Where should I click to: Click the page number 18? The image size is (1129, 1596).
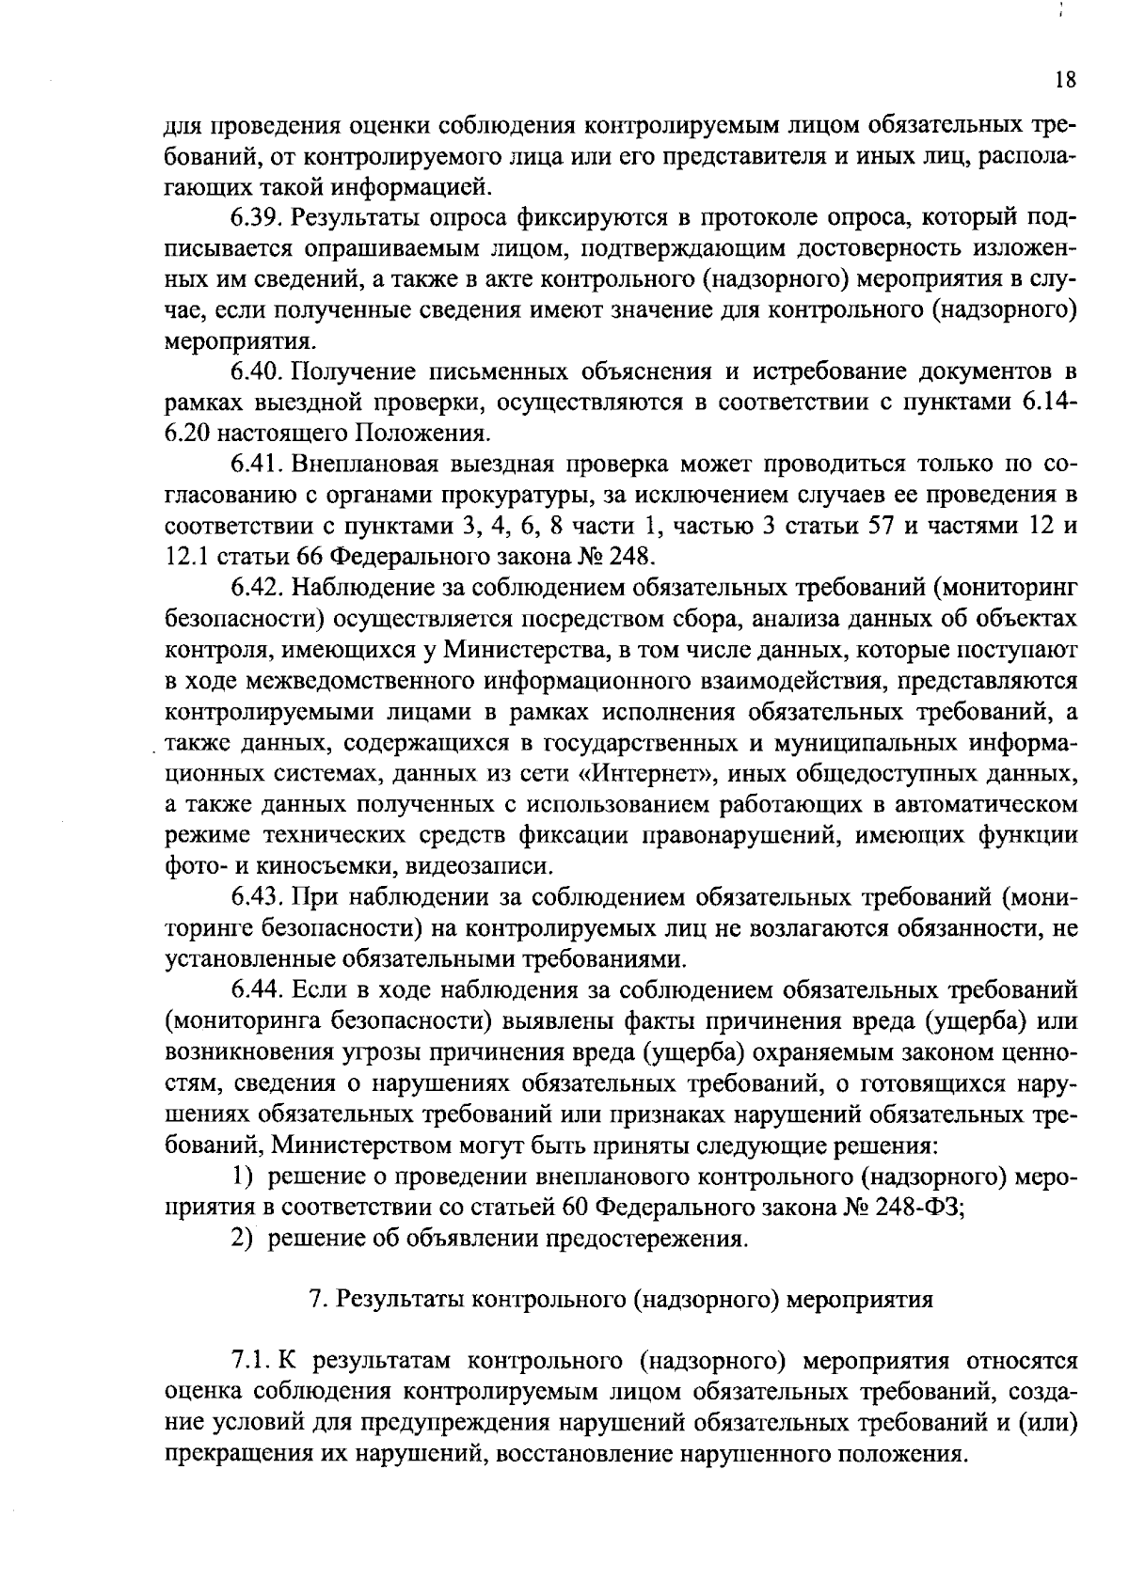tap(1064, 80)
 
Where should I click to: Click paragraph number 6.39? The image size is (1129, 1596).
tap(257, 218)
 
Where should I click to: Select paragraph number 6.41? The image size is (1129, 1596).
tap(256, 465)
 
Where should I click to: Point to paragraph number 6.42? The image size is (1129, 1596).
tap(257, 588)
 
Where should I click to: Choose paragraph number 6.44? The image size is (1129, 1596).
tap(257, 989)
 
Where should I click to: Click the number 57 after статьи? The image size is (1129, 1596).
tap(879, 526)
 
